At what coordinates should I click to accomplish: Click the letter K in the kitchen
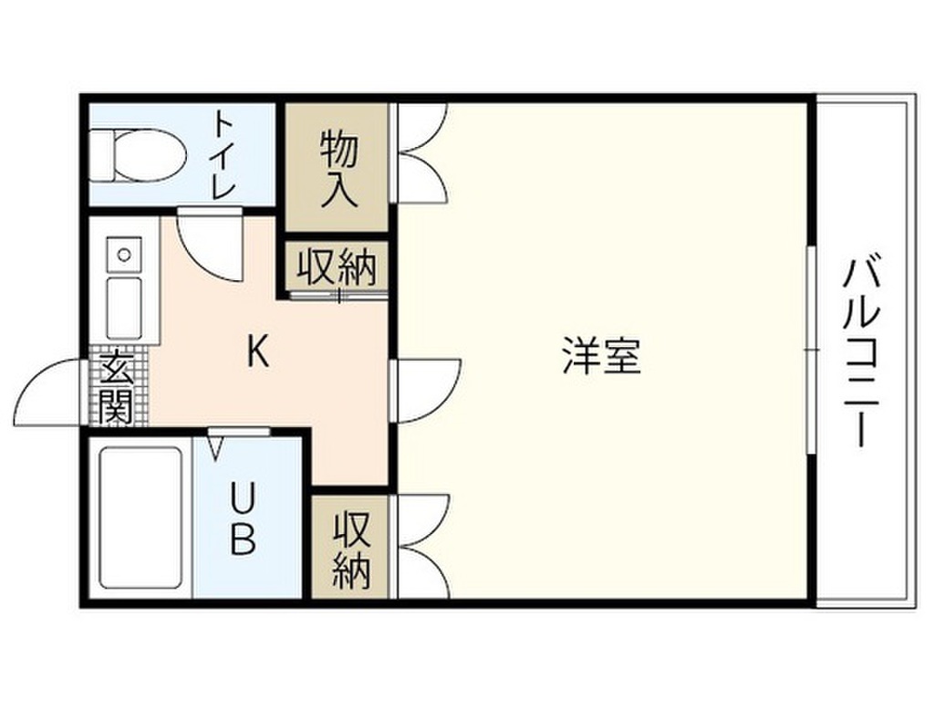click(x=258, y=351)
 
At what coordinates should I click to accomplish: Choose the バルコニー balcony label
click(x=862, y=351)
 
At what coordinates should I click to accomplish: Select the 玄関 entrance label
click(x=116, y=388)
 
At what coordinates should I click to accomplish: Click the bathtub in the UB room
click(x=140, y=518)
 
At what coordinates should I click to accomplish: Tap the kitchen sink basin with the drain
click(x=123, y=251)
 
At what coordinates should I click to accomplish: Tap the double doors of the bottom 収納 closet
click(x=420, y=548)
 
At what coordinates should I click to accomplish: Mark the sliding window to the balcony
click(x=810, y=350)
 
